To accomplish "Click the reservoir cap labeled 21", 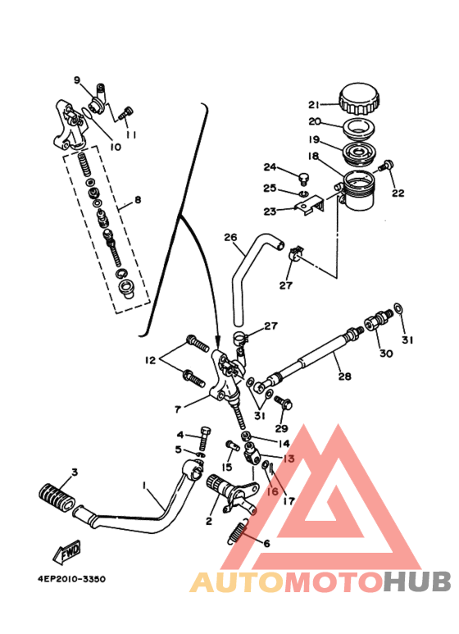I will pos(359,98).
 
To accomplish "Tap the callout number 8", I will pos(138,198).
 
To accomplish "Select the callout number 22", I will pos(398,194).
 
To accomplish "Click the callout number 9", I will pos(77,80).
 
